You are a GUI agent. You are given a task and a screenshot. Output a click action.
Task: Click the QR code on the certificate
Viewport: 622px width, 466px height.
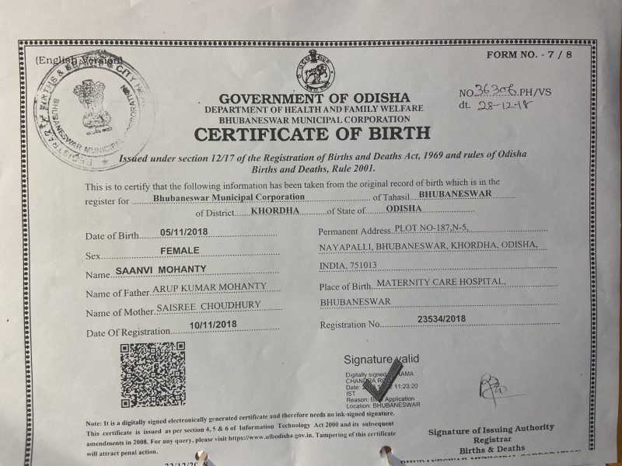tap(152, 374)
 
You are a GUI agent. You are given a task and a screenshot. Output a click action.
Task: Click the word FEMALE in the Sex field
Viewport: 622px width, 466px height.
tap(180, 250)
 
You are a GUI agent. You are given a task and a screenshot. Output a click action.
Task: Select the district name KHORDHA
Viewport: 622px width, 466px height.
tap(273, 210)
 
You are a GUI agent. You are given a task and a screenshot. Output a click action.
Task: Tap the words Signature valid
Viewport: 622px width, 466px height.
tap(381, 359)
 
